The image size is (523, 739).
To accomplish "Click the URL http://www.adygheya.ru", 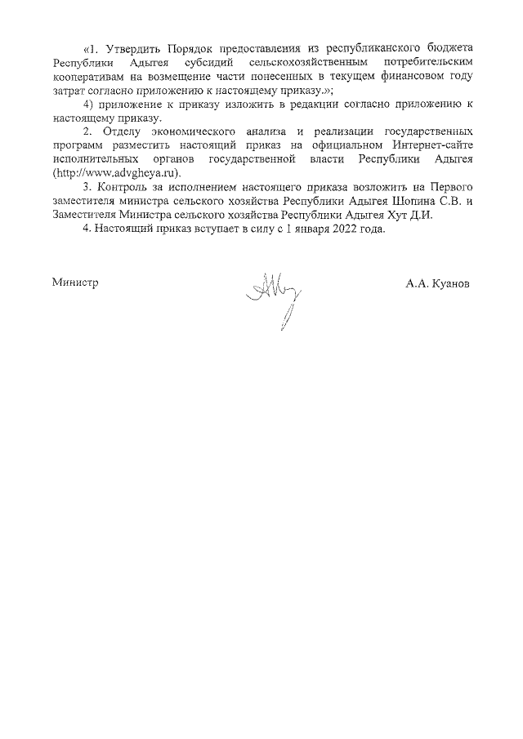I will pyautogui.click(x=115, y=173).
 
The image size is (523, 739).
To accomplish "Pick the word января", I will pyautogui.click(x=301, y=229).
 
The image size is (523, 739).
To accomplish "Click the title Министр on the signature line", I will pyautogui.click(x=74, y=283).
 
